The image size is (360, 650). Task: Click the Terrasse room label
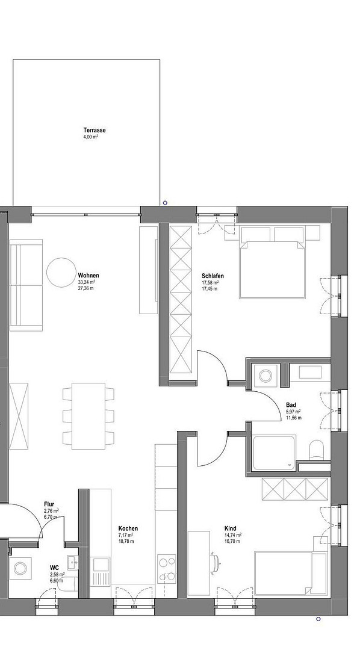coord(94,130)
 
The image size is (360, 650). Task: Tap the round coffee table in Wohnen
coord(61,273)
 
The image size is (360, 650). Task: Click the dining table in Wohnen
coord(88,416)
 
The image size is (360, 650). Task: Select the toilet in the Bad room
coord(316,451)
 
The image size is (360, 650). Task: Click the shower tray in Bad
coord(274,453)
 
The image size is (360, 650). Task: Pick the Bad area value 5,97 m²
coord(293,412)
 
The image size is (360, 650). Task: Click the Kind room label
coord(230,528)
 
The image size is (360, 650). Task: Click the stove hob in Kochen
coord(167,568)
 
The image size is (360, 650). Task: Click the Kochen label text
coord(128,528)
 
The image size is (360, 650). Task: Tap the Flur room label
coord(49,504)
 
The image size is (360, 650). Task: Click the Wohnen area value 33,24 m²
coord(87,282)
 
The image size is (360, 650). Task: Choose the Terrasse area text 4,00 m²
coord(90,136)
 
